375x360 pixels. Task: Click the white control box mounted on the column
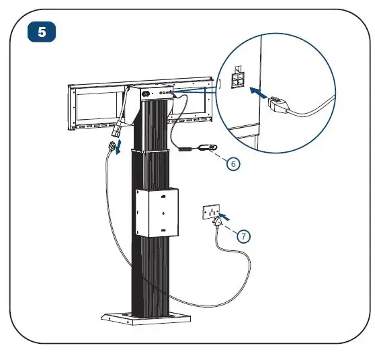click(157, 211)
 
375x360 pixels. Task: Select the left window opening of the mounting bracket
click(98, 107)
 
